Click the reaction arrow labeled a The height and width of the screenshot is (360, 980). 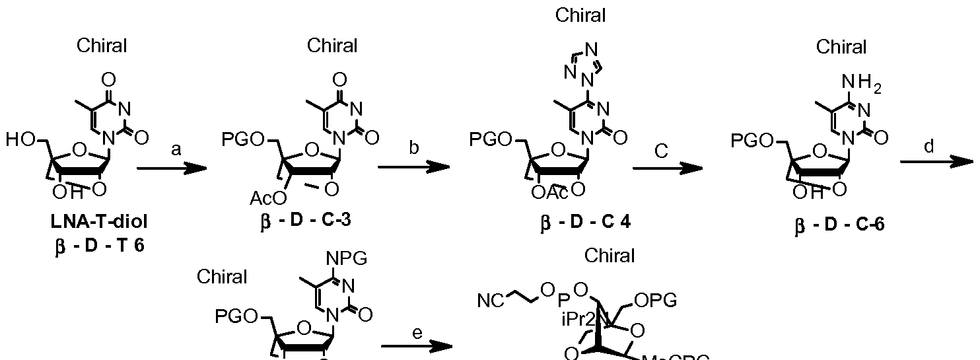[x=171, y=169]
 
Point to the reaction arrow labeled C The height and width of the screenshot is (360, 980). [x=667, y=168]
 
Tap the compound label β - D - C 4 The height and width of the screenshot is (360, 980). [x=582, y=220]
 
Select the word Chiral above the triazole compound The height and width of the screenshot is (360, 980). [x=580, y=15]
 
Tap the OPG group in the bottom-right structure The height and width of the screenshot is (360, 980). [x=655, y=301]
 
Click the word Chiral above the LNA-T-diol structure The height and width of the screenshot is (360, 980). [x=102, y=46]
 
